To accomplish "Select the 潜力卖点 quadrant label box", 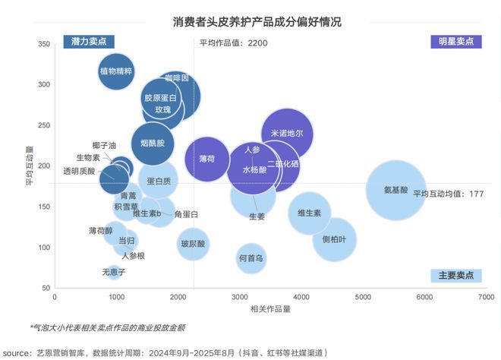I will [88, 41].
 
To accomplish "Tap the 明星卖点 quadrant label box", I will [455, 41].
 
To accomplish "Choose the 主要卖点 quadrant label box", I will [455, 274].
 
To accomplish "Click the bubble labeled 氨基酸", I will [395, 190].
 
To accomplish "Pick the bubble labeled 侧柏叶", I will [334, 239].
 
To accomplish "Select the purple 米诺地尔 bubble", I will [287, 134].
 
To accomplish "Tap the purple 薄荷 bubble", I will [206, 159].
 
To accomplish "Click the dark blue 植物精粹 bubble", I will [116, 71].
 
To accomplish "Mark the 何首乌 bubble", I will [250, 258].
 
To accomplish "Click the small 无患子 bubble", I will [114, 271].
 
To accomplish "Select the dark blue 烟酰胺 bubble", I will [153, 142].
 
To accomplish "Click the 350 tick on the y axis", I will [43, 44].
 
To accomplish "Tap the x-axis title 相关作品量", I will [269, 309].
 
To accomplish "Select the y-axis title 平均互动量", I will [30, 166].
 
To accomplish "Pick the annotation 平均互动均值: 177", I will [449, 194].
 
